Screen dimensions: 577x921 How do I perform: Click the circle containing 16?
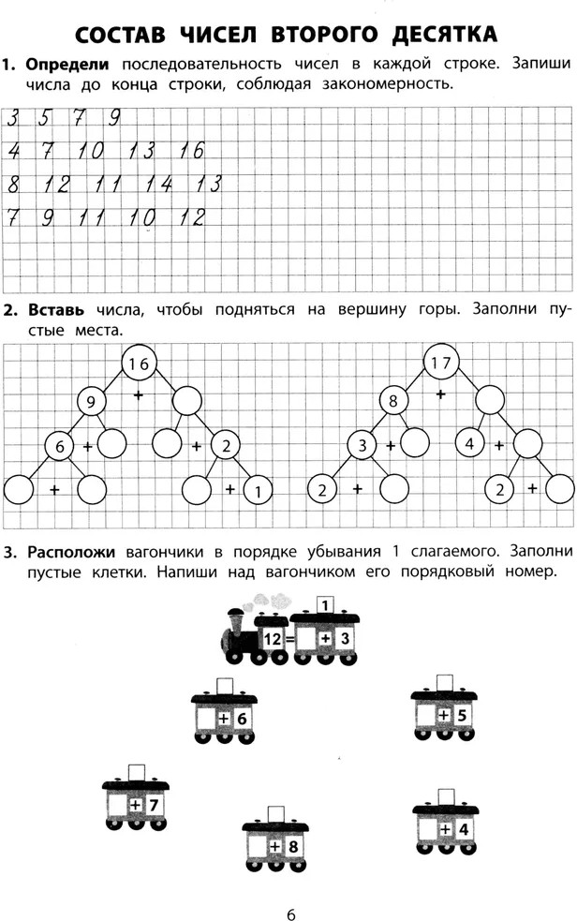[140, 364]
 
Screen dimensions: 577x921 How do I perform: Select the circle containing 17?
[441, 363]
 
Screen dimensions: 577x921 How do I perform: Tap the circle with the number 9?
[91, 402]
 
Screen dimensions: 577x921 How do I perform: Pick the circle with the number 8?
[392, 401]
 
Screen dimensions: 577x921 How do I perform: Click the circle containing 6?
[59, 446]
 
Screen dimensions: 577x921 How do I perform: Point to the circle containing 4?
[469, 443]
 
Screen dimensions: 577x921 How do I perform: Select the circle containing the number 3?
[362, 445]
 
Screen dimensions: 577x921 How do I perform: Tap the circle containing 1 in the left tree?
[258, 492]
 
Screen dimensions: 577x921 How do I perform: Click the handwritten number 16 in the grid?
[191, 151]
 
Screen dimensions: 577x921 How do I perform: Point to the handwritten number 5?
[45, 119]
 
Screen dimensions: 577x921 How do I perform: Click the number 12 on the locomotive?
[273, 638]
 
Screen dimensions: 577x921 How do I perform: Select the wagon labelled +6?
[224, 711]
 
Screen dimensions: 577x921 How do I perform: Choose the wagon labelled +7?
[136, 797]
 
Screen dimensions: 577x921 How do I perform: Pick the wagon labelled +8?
[275, 839]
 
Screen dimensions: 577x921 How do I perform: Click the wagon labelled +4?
[446, 822]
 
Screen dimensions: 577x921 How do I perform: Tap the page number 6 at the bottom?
[291, 914]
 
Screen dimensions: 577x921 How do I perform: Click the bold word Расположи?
[71, 552]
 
